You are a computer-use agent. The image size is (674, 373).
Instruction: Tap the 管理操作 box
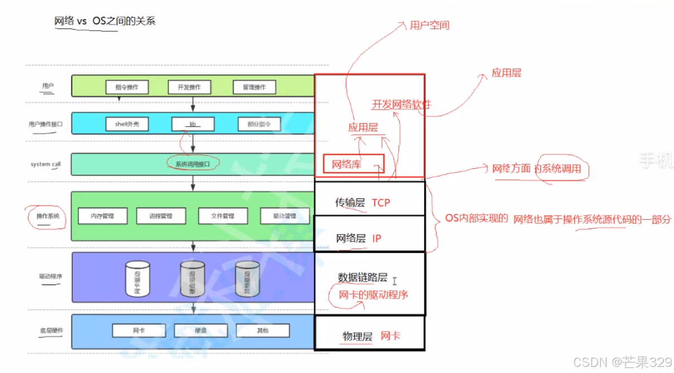(254, 87)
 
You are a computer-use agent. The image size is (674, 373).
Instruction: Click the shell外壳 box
(128, 124)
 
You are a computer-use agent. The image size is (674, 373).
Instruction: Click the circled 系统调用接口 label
(192, 163)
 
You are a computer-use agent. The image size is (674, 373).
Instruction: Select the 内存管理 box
(102, 216)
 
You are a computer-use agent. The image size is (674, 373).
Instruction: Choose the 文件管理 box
(222, 216)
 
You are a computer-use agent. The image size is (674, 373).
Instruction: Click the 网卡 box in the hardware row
(139, 330)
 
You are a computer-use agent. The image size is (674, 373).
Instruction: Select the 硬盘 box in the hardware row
(201, 330)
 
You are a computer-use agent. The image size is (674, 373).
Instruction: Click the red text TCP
(381, 202)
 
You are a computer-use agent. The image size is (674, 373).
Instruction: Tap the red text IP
(377, 238)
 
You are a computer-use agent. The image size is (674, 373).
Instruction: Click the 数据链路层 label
(362, 277)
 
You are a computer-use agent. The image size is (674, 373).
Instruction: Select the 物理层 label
(357, 336)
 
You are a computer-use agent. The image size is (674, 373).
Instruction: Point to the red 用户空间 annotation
(429, 25)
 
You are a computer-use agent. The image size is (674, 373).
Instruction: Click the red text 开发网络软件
(401, 104)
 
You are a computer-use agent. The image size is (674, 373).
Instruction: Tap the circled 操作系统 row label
(47, 216)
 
